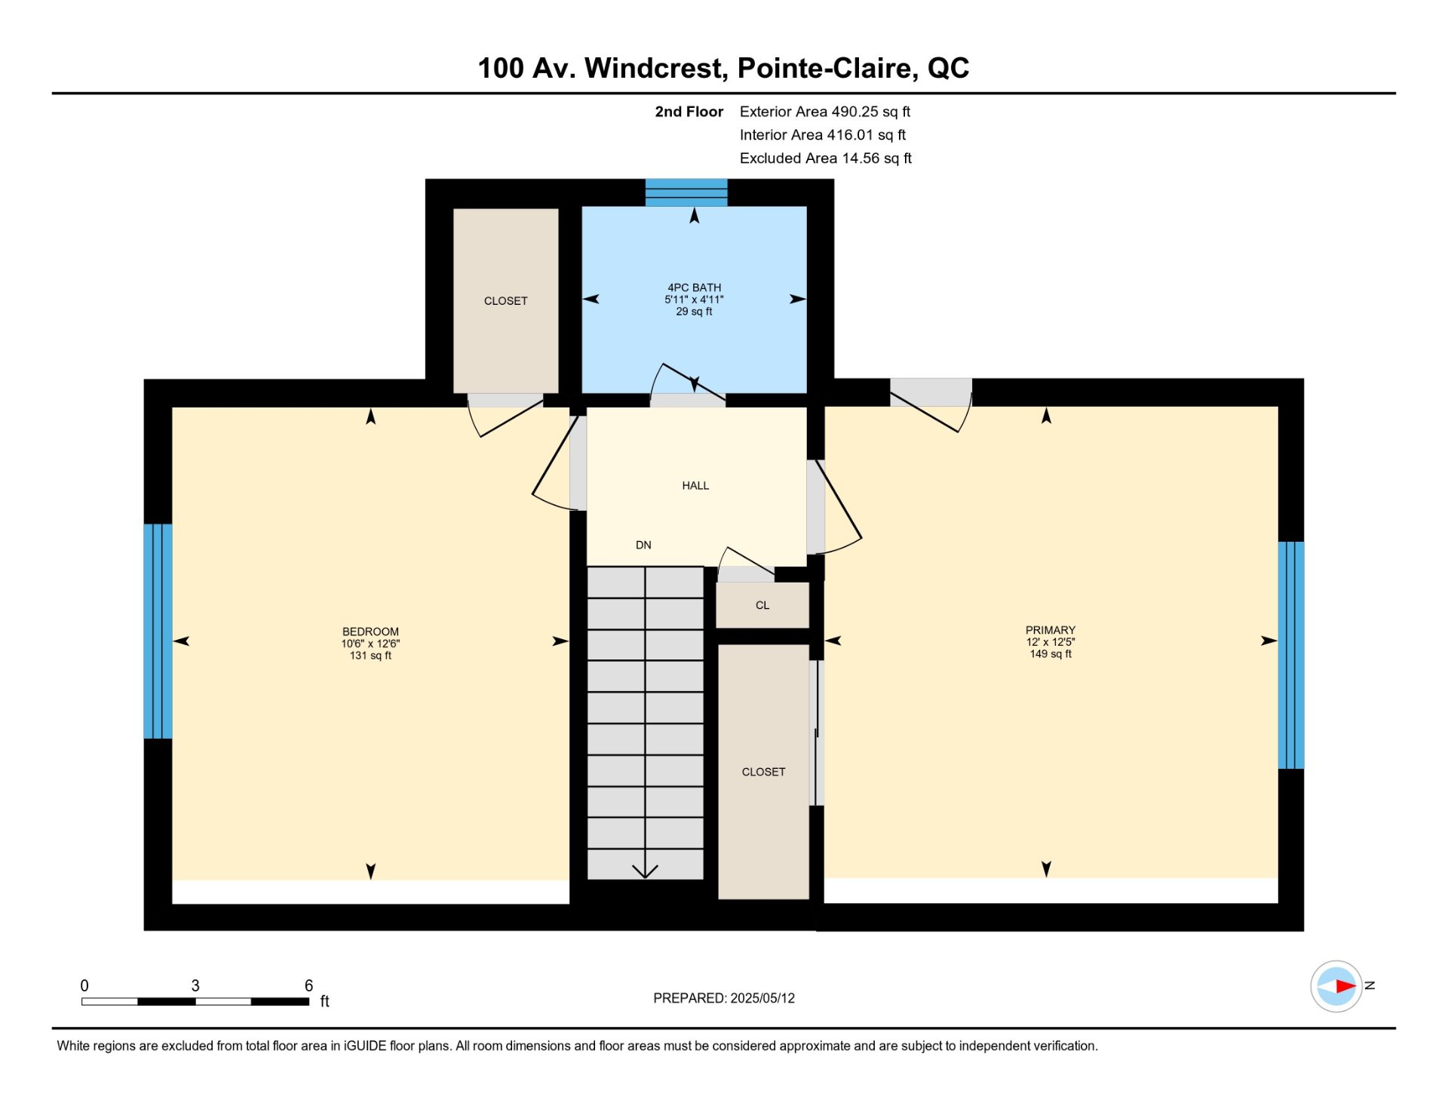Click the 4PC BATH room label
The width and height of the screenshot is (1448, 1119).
click(694, 287)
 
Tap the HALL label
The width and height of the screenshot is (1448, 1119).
click(695, 486)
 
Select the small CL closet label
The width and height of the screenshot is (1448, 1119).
click(762, 605)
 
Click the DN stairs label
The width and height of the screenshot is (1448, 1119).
click(643, 545)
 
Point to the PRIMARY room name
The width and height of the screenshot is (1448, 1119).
click(1051, 630)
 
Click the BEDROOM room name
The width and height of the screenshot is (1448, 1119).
click(370, 632)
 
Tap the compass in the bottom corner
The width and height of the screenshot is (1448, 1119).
click(1336, 986)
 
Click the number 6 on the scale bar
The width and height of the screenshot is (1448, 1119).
click(308, 985)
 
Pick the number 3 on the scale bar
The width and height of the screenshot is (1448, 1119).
click(195, 985)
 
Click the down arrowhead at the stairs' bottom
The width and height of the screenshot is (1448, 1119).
click(645, 872)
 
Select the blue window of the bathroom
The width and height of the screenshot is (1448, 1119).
click(686, 192)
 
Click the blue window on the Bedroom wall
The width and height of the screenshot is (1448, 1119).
click(158, 632)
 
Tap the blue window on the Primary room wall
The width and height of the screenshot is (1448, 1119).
click(1291, 655)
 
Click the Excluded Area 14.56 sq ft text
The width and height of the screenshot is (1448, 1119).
click(826, 158)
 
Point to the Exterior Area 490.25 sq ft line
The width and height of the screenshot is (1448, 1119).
click(825, 112)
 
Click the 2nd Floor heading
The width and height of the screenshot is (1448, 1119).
click(689, 112)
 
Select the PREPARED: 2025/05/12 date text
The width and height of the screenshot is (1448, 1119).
click(724, 998)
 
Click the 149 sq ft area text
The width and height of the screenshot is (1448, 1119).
click(1051, 654)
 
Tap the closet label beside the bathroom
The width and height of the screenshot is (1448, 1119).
click(505, 301)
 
